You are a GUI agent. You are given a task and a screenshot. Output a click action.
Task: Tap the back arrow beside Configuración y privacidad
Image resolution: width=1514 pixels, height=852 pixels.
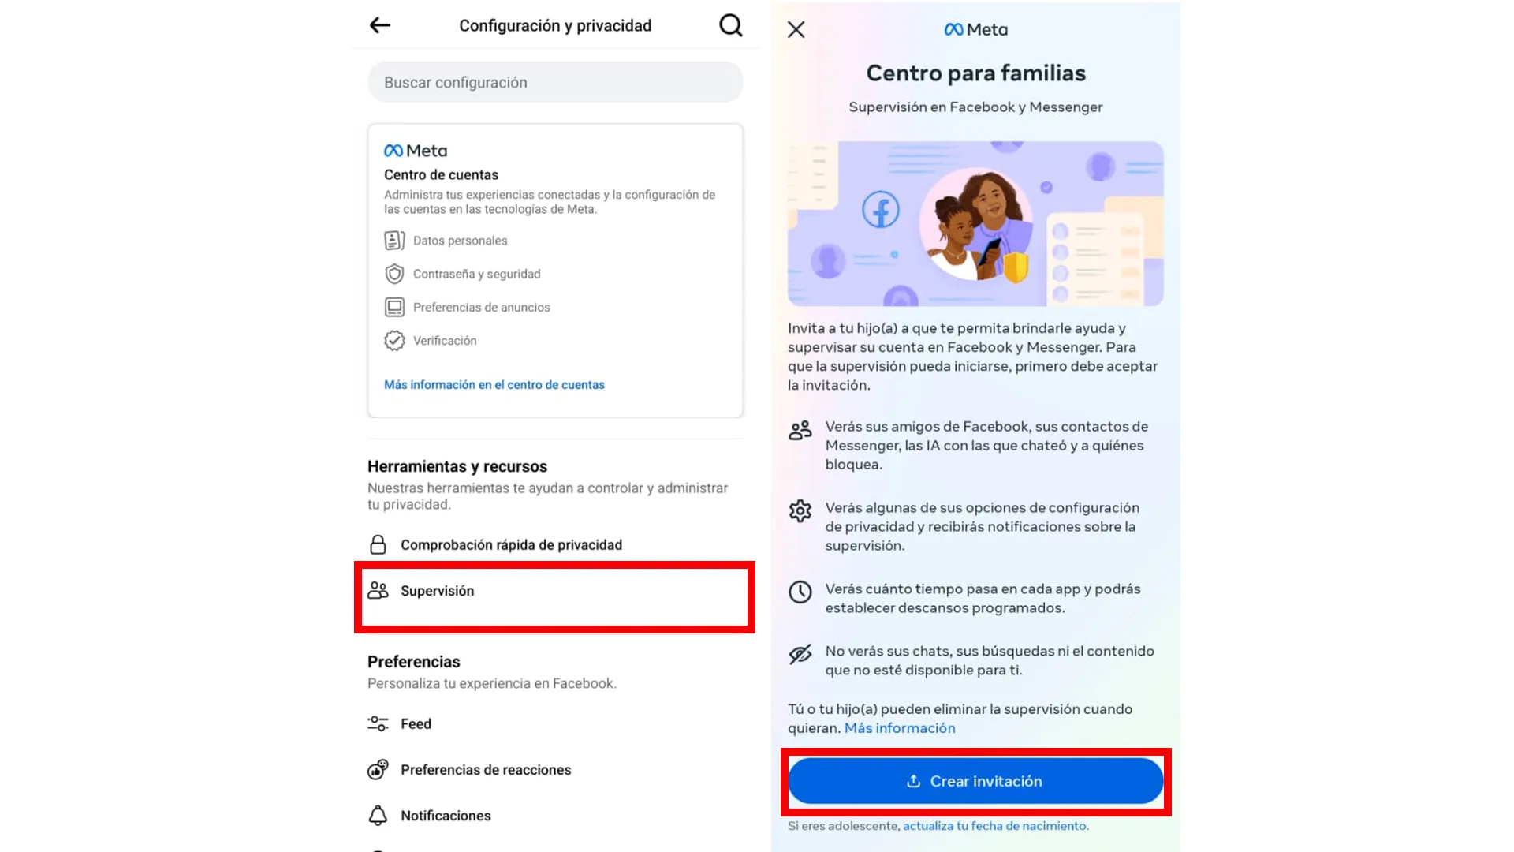click(380, 25)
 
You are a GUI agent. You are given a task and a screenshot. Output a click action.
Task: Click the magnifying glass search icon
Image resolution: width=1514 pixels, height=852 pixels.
click(731, 25)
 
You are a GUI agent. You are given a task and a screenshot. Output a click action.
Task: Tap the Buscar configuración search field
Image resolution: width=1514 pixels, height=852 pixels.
click(555, 82)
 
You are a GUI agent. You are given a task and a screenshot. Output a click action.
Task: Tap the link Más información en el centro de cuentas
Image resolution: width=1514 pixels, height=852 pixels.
click(494, 385)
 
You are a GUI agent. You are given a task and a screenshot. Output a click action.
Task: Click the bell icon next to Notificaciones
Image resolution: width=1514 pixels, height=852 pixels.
click(378, 815)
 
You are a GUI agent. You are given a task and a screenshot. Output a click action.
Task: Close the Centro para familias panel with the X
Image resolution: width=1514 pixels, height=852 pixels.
click(796, 30)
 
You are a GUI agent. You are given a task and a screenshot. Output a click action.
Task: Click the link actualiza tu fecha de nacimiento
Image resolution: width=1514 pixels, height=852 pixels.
click(995, 826)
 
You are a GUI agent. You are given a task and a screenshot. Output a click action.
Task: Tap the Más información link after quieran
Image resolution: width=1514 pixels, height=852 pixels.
click(900, 728)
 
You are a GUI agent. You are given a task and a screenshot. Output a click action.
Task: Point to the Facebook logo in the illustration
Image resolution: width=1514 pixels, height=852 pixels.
click(881, 210)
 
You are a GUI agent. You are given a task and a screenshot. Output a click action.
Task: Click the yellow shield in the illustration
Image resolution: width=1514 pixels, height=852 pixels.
click(1016, 267)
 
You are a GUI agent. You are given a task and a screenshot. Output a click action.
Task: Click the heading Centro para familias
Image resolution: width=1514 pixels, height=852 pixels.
click(976, 73)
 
